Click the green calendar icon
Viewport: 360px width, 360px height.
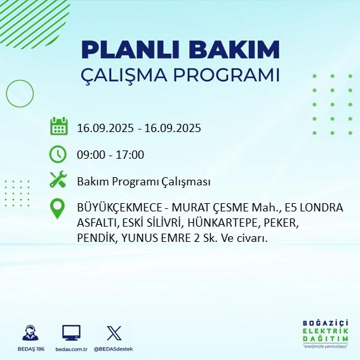pos(58,126)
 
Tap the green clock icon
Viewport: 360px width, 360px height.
pos(58,154)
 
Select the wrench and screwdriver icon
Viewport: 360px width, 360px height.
pos(58,180)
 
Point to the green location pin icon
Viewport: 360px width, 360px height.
pos(58,210)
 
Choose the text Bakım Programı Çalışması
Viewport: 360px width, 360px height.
pos(143,182)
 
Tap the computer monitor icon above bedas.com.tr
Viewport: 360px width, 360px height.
pos(71,333)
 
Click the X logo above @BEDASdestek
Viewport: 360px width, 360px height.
pos(114,333)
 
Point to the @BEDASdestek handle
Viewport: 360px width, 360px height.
pos(114,349)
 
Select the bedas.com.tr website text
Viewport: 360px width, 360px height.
pos(71,349)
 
